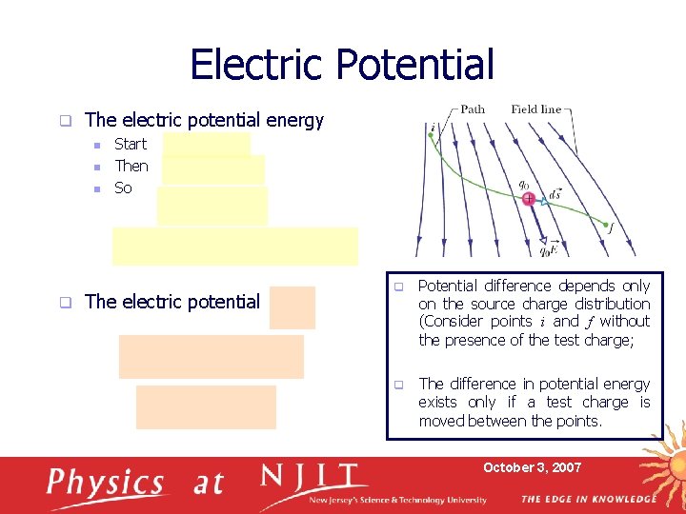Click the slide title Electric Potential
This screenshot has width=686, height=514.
[x=342, y=65]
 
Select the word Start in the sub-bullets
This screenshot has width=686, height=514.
[x=131, y=145]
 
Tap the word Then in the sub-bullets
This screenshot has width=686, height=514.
[x=131, y=166]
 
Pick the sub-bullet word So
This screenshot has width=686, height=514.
[x=123, y=188]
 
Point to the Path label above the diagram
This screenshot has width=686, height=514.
[x=473, y=109]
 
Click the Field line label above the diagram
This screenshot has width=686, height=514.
[x=535, y=109]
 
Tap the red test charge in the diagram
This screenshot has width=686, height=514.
[x=528, y=198]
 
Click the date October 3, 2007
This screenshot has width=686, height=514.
[x=532, y=467]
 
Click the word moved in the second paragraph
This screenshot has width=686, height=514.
[x=444, y=421]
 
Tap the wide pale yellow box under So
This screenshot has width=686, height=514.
[x=234, y=246]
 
